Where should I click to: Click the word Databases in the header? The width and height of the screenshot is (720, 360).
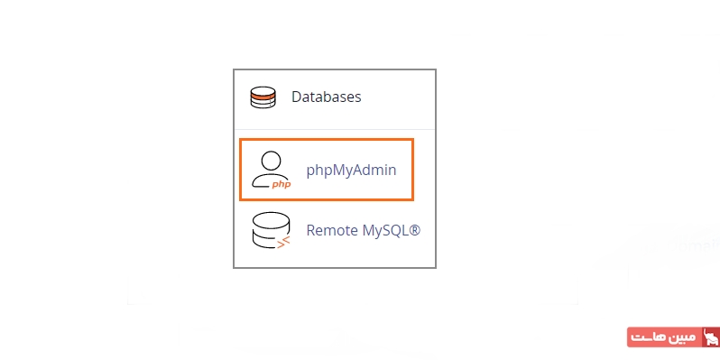tap(326, 97)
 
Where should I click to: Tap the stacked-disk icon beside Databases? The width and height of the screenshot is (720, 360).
tap(263, 97)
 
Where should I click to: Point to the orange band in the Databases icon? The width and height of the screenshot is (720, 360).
tap(263, 93)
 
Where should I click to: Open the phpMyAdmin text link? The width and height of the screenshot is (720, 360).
tap(351, 169)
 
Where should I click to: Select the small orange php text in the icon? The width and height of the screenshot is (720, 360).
tap(281, 183)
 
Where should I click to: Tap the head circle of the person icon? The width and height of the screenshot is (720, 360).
tap(268, 161)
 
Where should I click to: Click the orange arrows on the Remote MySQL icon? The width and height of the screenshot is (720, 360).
tap(283, 241)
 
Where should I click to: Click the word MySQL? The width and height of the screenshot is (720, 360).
tap(383, 230)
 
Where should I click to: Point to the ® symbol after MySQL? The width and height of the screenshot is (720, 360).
tap(415, 230)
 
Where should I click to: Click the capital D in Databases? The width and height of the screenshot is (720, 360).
tap(296, 97)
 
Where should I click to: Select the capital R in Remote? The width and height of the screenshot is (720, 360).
tap(311, 230)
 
